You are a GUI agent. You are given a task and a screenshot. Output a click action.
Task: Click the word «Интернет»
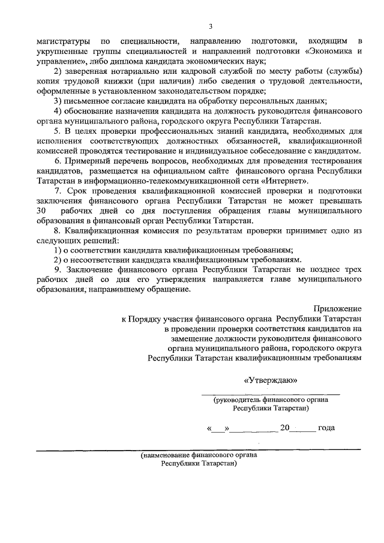click(286, 181)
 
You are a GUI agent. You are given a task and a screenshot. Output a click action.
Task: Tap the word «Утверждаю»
click(269, 380)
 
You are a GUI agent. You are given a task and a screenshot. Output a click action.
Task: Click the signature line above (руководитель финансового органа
click(270, 393)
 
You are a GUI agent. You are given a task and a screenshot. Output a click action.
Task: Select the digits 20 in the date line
click(285, 428)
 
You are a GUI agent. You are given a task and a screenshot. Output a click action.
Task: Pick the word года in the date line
click(326, 428)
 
